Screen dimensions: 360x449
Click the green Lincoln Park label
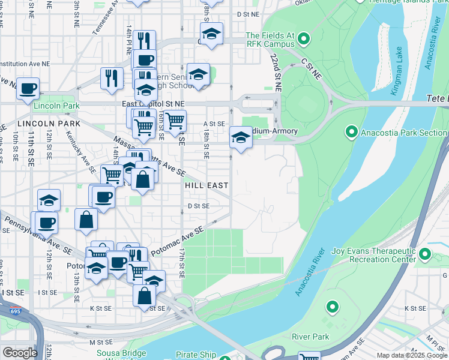click(x=56, y=106)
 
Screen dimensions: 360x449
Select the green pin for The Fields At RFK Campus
click(x=304, y=40)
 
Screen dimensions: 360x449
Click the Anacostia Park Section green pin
click(x=352, y=131)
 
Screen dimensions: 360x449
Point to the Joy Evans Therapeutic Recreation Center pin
click(x=425, y=254)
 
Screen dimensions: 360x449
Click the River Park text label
click(x=310, y=337)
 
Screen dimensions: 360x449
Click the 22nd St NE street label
click(x=276, y=71)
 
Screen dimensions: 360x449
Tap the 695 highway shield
click(x=14, y=311)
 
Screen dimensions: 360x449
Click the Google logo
click(x=20, y=353)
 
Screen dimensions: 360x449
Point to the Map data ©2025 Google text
click(x=412, y=356)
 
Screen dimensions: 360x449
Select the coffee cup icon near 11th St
click(x=28, y=89)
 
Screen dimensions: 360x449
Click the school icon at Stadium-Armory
click(x=241, y=137)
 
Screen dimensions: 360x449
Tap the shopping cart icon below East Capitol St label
click(x=175, y=121)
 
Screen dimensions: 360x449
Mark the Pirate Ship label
click(x=196, y=355)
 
